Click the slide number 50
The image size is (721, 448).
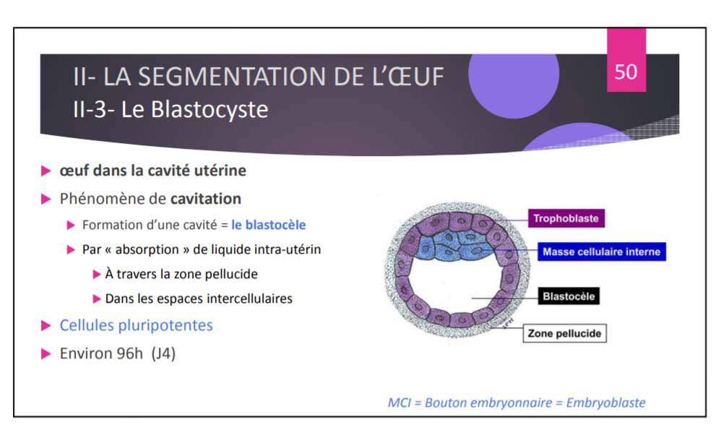pyautogui.click(x=626, y=72)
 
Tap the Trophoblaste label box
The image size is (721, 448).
pyautogui.click(x=566, y=218)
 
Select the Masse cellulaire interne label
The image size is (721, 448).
pyautogui.click(x=602, y=251)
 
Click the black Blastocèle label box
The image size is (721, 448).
pyautogui.click(x=569, y=296)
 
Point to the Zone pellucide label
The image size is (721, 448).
pyautogui.click(x=565, y=333)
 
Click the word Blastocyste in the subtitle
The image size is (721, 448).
pyautogui.click(x=210, y=109)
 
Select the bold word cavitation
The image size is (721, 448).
pyautogui.click(x=206, y=199)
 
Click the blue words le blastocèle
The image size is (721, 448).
pyautogui.click(x=269, y=225)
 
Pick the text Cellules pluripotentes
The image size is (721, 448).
pyautogui.click(x=136, y=325)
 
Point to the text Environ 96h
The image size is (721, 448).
pyautogui.click(x=101, y=353)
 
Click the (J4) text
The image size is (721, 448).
pyautogui.click(x=163, y=354)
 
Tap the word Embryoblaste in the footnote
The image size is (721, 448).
pyautogui.click(x=605, y=402)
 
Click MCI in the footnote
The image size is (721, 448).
pyautogui.click(x=399, y=402)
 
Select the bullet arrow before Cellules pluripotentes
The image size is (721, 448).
pyautogui.click(x=46, y=326)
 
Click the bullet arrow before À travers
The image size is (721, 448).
pyautogui.click(x=97, y=275)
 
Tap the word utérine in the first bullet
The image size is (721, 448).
pyautogui.click(x=220, y=171)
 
